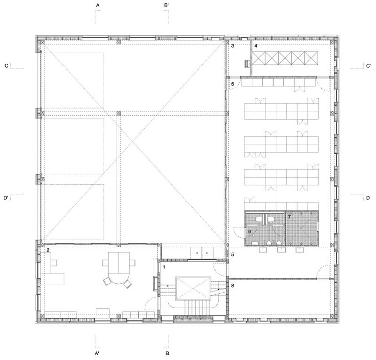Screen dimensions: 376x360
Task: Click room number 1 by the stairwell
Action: [x=164, y=267]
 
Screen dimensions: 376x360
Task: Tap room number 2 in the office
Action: [x=48, y=250]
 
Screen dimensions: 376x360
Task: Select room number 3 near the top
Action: [x=233, y=46]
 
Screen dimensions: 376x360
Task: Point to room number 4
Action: [x=256, y=46]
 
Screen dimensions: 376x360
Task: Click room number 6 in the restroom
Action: [x=250, y=231]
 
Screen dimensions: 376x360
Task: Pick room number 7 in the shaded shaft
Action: [x=290, y=217]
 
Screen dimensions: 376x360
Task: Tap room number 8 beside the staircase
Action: [x=233, y=286]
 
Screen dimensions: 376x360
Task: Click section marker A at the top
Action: [x=98, y=5]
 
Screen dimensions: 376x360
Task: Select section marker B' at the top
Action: [x=167, y=5]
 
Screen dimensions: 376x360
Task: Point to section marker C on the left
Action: [x=7, y=66]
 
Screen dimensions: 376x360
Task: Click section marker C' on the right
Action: [x=368, y=66]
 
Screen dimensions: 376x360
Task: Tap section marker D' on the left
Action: [x=6, y=198]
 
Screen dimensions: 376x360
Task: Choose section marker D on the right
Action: [x=368, y=198]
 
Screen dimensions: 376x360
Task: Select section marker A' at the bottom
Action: [x=97, y=353]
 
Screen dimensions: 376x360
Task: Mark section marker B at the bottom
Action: [x=167, y=353]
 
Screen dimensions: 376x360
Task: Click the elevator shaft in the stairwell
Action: [x=193, y=289]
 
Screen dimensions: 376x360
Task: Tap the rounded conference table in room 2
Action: [x=119, y=268]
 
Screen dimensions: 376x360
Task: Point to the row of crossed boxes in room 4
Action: [x=285, y=58]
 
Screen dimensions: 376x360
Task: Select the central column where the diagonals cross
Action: [x=119, y=113]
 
